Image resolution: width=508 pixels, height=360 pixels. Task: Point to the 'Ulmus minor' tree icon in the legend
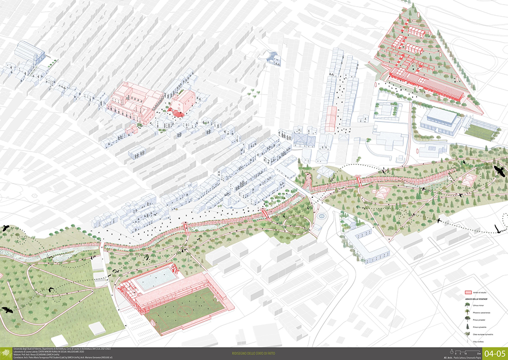pos(467,306)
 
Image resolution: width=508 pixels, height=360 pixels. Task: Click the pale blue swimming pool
pos(157,279)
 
